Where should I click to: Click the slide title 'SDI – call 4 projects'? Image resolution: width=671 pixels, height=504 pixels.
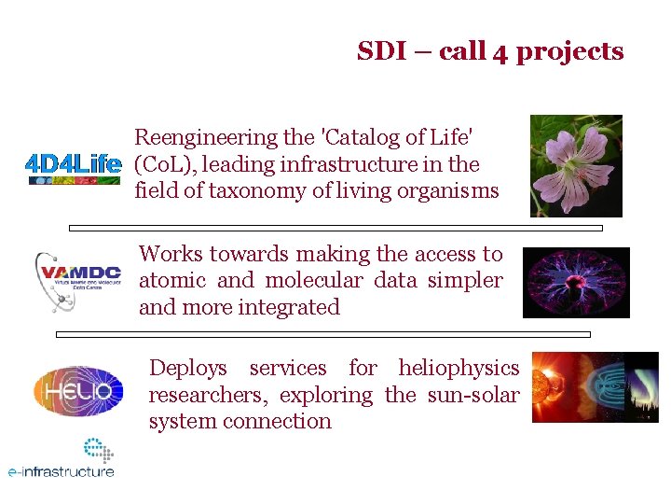coord(490,51)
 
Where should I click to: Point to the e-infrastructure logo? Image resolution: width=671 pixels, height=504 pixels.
coord(62,460)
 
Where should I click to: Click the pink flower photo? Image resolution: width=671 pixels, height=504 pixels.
coord(575,165)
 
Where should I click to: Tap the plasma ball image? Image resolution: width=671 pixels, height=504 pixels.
coord(575,282)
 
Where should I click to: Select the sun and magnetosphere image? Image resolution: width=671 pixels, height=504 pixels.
coord(595,387)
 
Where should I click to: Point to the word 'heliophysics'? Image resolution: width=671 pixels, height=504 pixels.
coord(459,369)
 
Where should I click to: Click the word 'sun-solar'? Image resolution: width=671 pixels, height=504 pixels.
coord(472,395)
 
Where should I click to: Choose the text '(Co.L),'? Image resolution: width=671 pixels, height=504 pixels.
coord(165,165)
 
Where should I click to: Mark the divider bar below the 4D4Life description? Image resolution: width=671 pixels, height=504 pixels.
coord(335,228)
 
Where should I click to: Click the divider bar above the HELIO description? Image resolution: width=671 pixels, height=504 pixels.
coord(322,333)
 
